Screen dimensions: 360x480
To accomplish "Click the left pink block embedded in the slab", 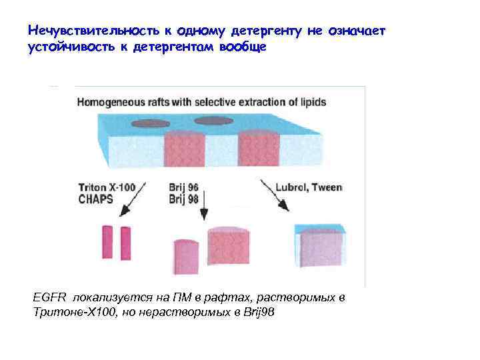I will [183, 149].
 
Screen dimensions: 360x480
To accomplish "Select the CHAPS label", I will [95, 198].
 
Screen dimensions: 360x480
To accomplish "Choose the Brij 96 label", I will [184, 187].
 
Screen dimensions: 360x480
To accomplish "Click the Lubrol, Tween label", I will [311, 187].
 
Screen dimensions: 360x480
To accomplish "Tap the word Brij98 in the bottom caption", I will [257, 312].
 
